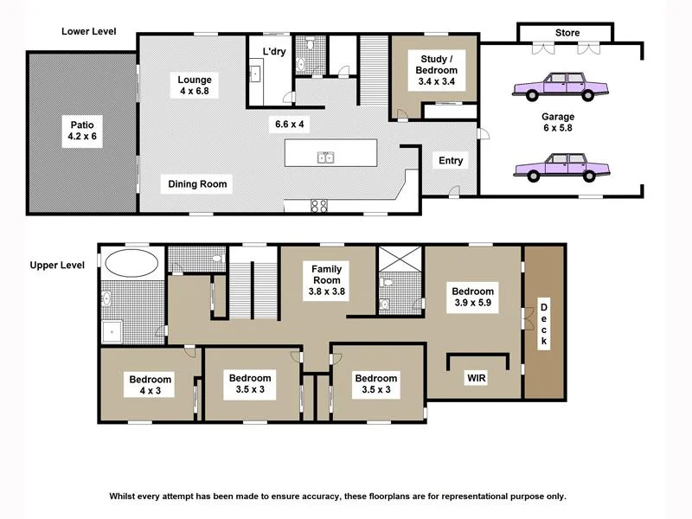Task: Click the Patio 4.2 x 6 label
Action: (82, 131)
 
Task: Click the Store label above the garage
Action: (567, 33)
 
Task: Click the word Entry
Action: (451, 161)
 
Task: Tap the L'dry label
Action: (275, 52)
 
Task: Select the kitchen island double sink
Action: (326, 157)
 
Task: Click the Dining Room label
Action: (198, 183)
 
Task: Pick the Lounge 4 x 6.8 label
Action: (195, 86)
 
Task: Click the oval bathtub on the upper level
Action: (132, 263)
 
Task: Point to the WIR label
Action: (476, 378)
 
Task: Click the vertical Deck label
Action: (544, 324)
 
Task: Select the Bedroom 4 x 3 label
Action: (151, 385)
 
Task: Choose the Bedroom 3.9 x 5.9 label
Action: (473, 298)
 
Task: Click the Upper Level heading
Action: (57, 265)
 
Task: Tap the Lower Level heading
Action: (88, 31)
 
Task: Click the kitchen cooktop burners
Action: (318, 206)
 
